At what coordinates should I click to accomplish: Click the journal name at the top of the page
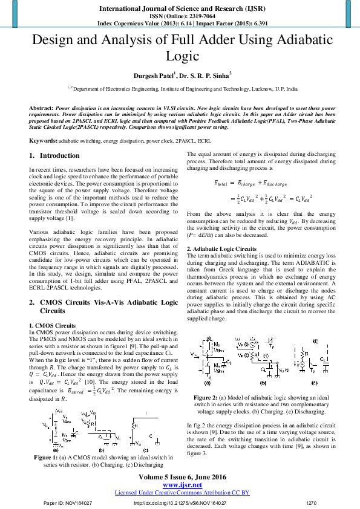click(x=180, y=9)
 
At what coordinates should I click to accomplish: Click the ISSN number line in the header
click(x=180, y=17)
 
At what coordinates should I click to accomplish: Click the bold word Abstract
click(x=41, y=106)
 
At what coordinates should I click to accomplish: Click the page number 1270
click(x=312, y=502)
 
